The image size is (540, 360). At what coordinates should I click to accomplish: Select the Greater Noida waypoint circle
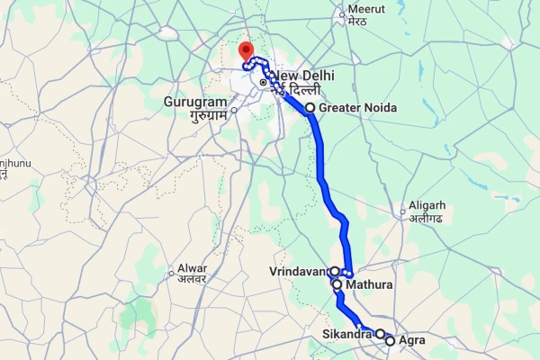pos(310,108)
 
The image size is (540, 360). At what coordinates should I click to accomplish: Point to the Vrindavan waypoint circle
pos(334,271)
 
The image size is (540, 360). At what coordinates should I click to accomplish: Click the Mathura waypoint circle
pos(337,285)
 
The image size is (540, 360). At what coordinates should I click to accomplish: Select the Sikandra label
pos(347,336)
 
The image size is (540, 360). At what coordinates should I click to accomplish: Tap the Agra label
pos(411,340)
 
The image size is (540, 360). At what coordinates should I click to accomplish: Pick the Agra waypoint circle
pos(390,340)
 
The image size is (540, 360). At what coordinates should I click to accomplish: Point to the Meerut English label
pos(366,11)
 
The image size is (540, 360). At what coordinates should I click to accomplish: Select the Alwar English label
pos(192,267)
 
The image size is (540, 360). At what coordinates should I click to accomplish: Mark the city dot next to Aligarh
pos(404,213)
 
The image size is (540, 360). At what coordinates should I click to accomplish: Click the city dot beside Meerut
pos(342,13)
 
